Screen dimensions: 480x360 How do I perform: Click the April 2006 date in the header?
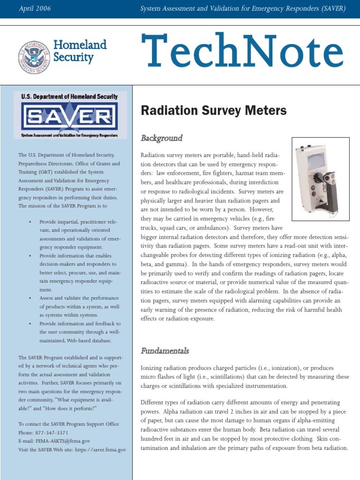pyautogui.click(x=35, y=9)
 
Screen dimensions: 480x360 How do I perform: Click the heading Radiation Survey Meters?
pyautogui.click(x=213, y=111)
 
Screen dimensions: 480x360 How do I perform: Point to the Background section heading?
pyautogui.click(x=161, y=138)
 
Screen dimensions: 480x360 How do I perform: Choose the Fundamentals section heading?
pyautogui.click(x=165, y=351)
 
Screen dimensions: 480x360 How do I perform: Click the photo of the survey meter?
pyautogui.click(x=320, y=179)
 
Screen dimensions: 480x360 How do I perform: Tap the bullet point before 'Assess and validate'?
pyautogui.click(x=30, y=298)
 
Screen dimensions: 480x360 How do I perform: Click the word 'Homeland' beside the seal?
pyautogui.click(x=80, y=45)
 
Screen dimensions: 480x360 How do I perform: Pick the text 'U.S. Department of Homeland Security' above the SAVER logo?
pyautogui.click(x=69, y=97)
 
